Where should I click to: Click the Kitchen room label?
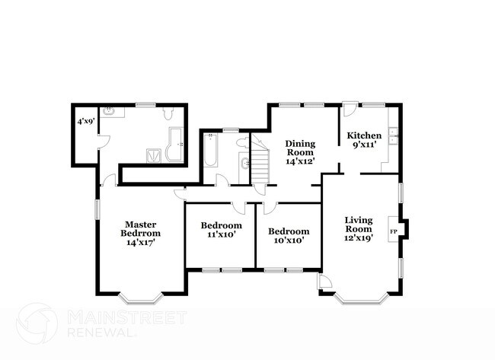tap(364, 135)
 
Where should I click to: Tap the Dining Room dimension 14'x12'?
tap(300, 161)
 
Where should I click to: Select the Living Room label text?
tap(359, 224)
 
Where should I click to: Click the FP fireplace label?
tap(394, 230)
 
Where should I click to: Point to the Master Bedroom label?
tap(140, 228)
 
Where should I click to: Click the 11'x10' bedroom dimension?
tap(221, 235)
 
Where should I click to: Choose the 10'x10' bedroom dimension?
tap(289, 241)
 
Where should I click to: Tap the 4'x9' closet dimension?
tap(84, 121)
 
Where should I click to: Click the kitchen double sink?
tap(394, 138)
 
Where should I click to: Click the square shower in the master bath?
tap(155, 155)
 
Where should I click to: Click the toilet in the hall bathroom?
tap(242, 142)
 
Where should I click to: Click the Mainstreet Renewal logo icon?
tap(37, 323)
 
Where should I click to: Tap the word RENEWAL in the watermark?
tap(103, 333)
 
